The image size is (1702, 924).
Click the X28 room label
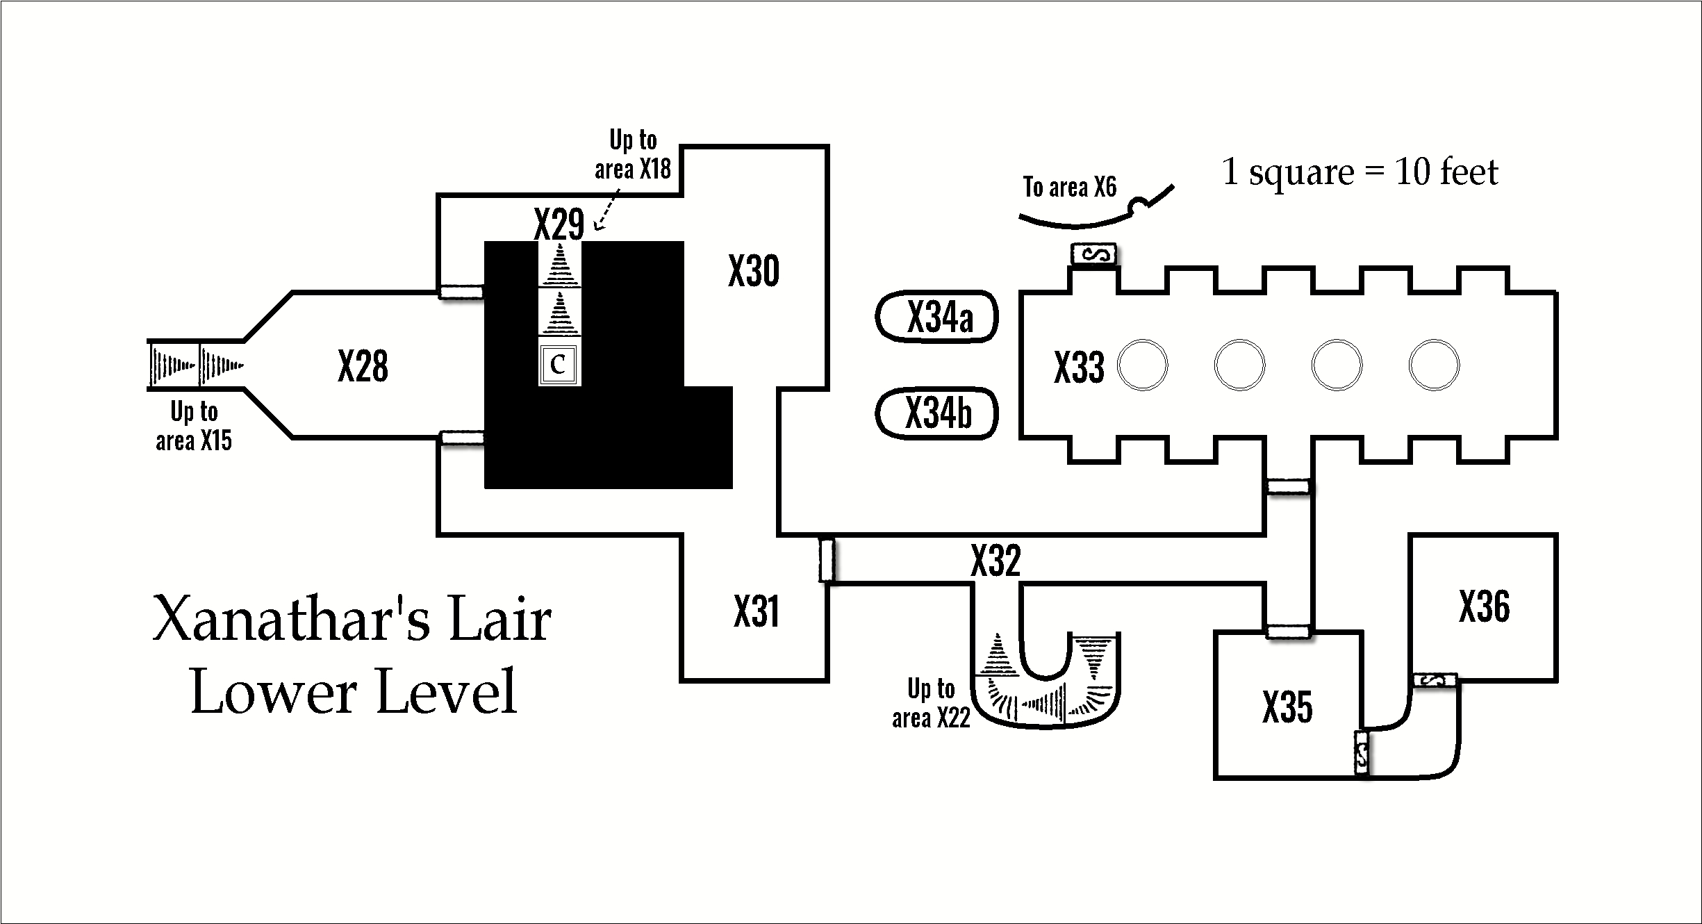pos(363,366)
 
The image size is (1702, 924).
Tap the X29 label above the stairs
pos(559,224)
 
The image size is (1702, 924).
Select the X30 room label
pos(754,271)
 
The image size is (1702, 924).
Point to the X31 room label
pos(756,611)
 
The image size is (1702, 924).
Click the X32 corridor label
pos(995,560)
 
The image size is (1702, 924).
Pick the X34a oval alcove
pos(937,317)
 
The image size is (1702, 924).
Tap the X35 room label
pos(1287,707)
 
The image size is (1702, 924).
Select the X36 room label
pos(1484,607)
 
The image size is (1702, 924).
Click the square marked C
pos(559,364)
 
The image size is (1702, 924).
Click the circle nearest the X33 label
pos(1142,365)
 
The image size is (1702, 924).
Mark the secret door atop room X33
pos(1093,255)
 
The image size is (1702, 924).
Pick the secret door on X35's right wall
pos(1362,753)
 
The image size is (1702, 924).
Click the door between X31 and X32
pos(826,560)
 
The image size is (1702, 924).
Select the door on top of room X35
pos(1287,632)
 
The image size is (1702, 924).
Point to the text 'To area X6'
pos(1069,187)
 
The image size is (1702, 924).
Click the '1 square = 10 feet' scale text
pos(1360,172)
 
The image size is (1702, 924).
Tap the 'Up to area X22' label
pos(931,703)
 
